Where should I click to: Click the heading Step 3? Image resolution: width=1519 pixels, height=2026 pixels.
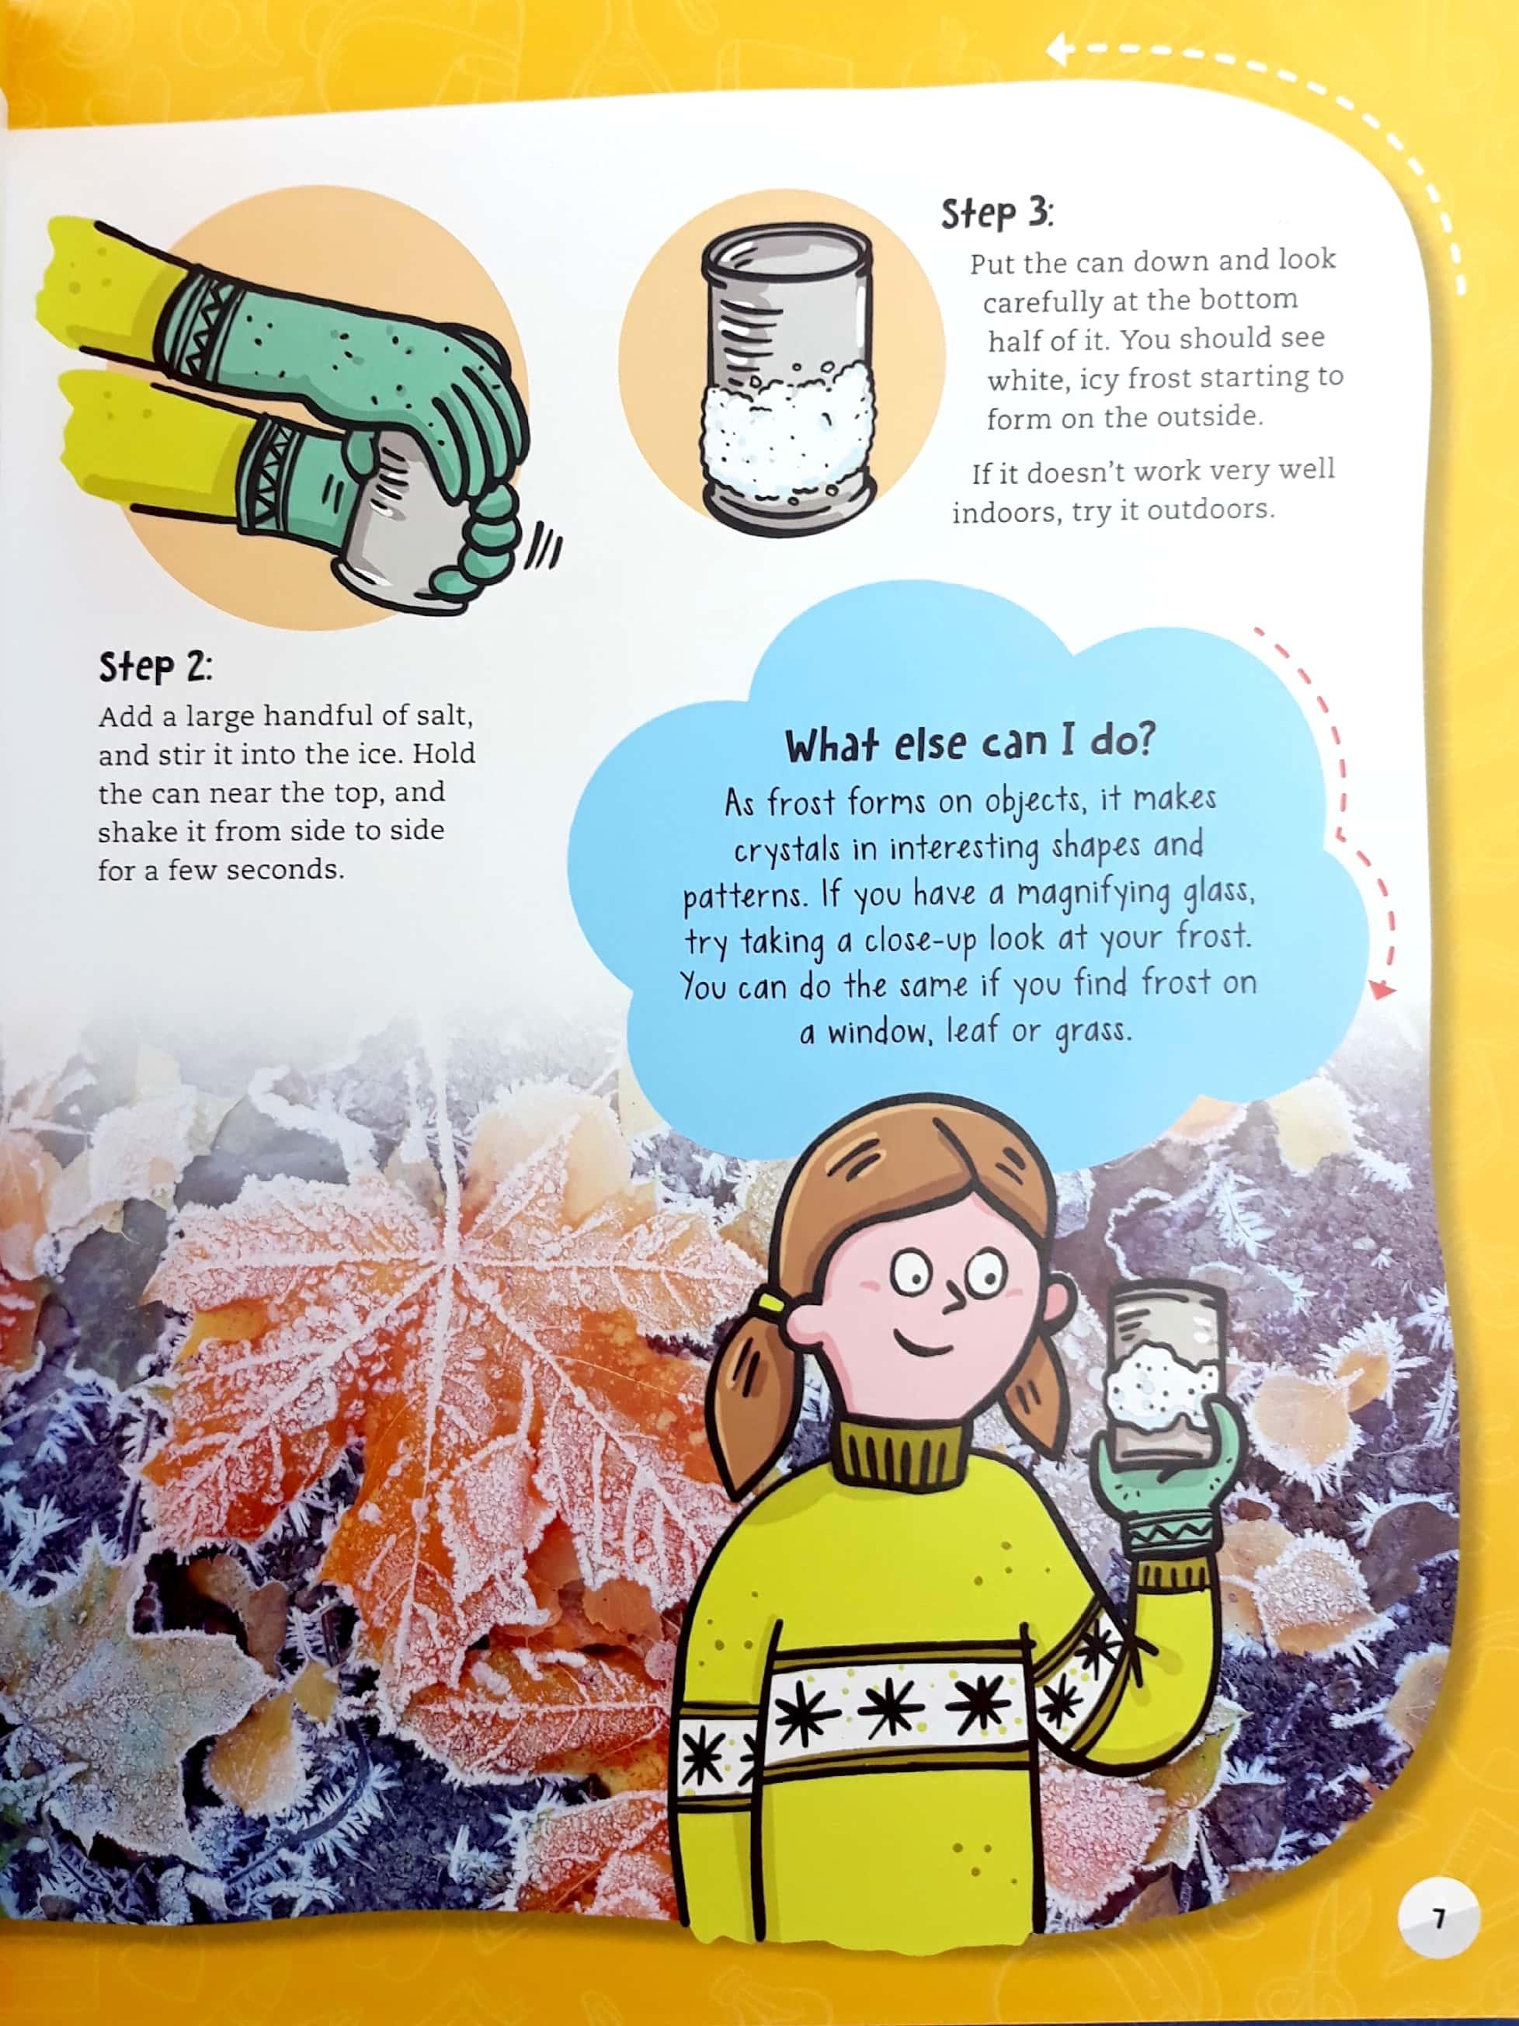tap(997, 214)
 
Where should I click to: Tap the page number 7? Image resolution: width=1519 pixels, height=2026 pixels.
tap(1438, 1917)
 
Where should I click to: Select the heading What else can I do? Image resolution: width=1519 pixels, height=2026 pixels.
tap(970, 743)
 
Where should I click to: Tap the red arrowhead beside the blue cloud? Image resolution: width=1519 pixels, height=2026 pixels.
tap(1381, 988)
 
